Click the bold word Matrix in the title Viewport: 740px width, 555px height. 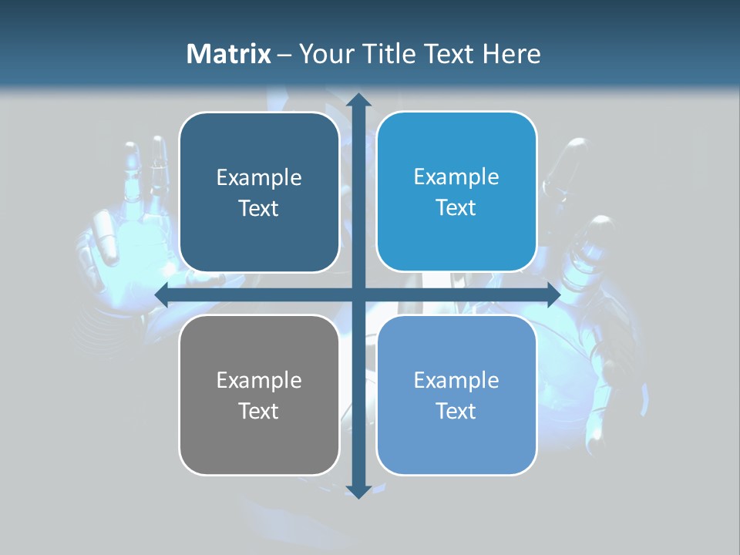pyautogui.click(x=229, y=54)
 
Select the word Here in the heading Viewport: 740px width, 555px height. pyautogui.click(x=512, y=54)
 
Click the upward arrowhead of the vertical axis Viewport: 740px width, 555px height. pyautogui.click(x=358, y=100)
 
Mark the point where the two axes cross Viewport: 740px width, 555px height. pyautogui.click(x=358, y=294)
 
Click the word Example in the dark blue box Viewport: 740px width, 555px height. pyautogui.click(x=259, y=178)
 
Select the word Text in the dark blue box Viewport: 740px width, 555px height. pyautogui.click(x=259, y=209)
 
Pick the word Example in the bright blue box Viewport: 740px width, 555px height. pyautogui.click(x=456, y=177)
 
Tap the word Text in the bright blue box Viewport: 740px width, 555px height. pyautogui.click(x=456, y=208)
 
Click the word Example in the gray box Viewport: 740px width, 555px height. pyautogui.click(x=259, y=381)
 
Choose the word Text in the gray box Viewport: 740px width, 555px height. pyautogui.click(x=259, y=412)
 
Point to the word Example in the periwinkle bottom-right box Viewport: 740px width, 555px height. pyautogui.click(x=456, y=381)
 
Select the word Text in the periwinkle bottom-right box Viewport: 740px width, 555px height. pyautogui.click(x=456, y=412)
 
